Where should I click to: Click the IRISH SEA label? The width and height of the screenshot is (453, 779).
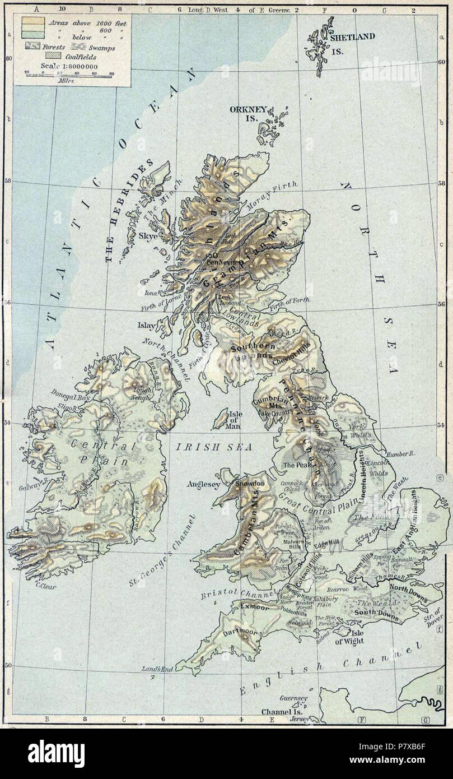[213, 447]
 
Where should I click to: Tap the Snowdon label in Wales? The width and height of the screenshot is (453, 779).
[250, 483]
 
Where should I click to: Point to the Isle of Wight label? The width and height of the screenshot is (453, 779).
[349, 637]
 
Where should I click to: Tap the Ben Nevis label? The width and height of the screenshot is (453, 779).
[220, 261]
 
